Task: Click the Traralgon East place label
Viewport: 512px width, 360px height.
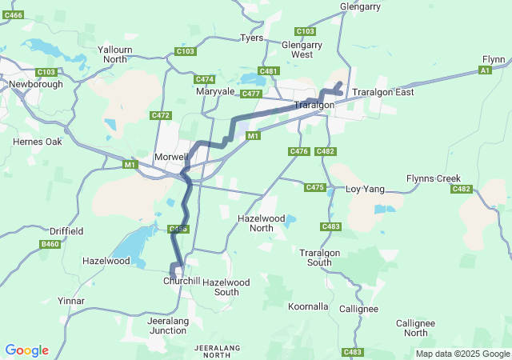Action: pos(383,92)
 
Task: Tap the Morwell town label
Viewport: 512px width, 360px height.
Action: pos(170,155)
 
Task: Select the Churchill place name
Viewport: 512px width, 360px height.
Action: pos(181,282)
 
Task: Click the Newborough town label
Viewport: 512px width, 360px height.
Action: pos(31,83)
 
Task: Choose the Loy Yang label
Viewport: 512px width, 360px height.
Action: pos(365,190)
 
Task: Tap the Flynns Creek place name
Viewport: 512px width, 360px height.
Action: pos(433,178)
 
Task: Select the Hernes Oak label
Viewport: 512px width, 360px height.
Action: pos(38,142)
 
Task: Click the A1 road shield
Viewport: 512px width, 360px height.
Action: pos(484,70)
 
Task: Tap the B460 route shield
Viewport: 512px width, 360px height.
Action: pos(50,244)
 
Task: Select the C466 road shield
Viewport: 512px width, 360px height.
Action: pos(13,15)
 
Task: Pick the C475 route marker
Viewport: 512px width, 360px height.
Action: pos(315,187)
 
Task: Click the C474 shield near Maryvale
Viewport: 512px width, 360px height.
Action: pos(205,79)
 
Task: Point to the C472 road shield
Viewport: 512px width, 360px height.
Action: pos(161,116)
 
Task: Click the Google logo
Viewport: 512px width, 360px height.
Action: pos(26,350)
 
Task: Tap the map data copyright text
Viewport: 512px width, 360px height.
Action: pos(462,354)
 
